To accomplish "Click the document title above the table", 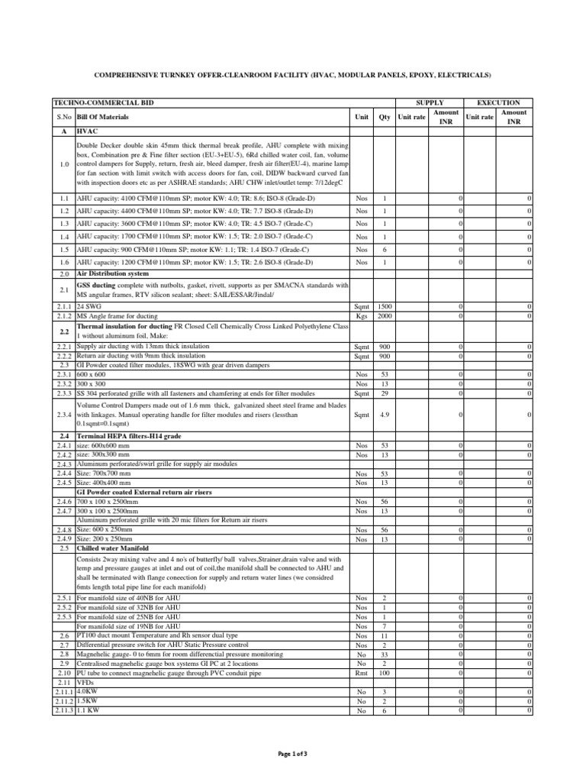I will (292, 75).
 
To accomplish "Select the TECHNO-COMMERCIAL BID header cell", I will (87, 102).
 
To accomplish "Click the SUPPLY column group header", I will (429, 102).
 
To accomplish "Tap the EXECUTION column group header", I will (498, 102).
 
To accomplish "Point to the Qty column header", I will (384, 117).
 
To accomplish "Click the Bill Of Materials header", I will (103, 117).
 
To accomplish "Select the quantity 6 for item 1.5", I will (384, 250).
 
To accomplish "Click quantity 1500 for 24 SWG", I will (384, 305).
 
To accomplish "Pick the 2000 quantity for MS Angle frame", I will (384, 315).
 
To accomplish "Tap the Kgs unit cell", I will (361, 315).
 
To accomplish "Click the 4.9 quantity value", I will (384, 415).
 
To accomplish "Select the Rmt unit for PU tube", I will (361, 673).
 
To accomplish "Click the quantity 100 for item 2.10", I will (384, 673).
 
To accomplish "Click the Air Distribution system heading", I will (113, 273).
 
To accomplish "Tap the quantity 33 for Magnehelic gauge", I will (384, 654).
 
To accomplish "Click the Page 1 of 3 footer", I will (293, 754).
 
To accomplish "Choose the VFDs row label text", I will (85, 682).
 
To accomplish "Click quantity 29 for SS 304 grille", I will (384, 393).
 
